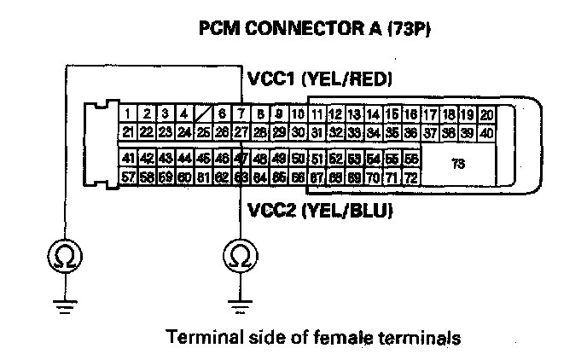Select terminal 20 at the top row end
[487, 114]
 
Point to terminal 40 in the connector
[487, 132]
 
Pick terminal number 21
[128, 132]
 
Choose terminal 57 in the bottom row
[128, 177]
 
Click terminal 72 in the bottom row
[410, 177]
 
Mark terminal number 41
[128, 159]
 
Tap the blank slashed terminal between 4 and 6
[203, 114]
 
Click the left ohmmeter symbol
[65, 255]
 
